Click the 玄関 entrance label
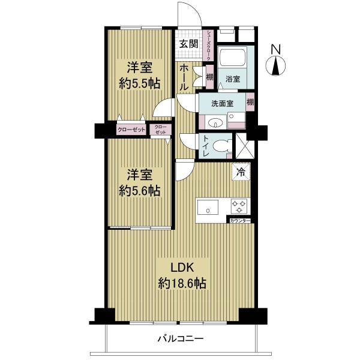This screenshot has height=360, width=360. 188,44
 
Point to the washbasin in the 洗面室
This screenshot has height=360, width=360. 215,123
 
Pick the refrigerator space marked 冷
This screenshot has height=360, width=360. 241,172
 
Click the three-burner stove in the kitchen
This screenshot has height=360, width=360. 239,206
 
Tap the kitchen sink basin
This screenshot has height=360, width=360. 208,207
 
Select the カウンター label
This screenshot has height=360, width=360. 239,221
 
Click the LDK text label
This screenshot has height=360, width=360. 182,268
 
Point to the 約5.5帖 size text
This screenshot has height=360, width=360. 139,83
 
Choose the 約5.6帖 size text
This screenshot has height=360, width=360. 139,190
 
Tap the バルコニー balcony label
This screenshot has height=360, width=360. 181,338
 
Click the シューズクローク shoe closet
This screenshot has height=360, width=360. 208,45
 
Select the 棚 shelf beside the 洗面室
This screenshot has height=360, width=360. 250,102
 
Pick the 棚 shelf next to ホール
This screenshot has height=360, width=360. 209,77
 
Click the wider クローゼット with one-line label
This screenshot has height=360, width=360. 131,130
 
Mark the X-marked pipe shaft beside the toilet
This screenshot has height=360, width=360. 245,146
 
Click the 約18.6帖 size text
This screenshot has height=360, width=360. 182,283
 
